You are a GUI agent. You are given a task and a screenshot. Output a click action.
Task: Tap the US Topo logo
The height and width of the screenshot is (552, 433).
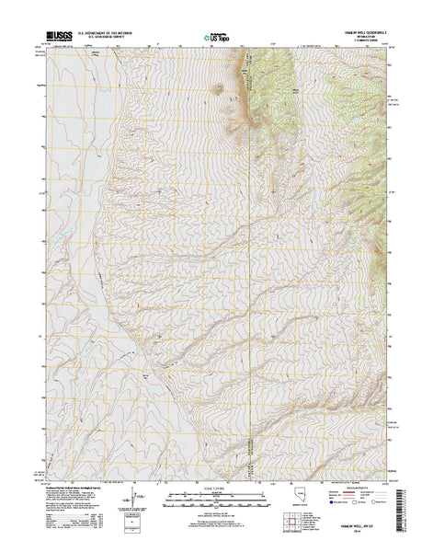[x=217, y=38]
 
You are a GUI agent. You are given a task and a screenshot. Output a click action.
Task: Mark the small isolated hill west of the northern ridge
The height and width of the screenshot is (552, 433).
[x=218, y=89]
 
